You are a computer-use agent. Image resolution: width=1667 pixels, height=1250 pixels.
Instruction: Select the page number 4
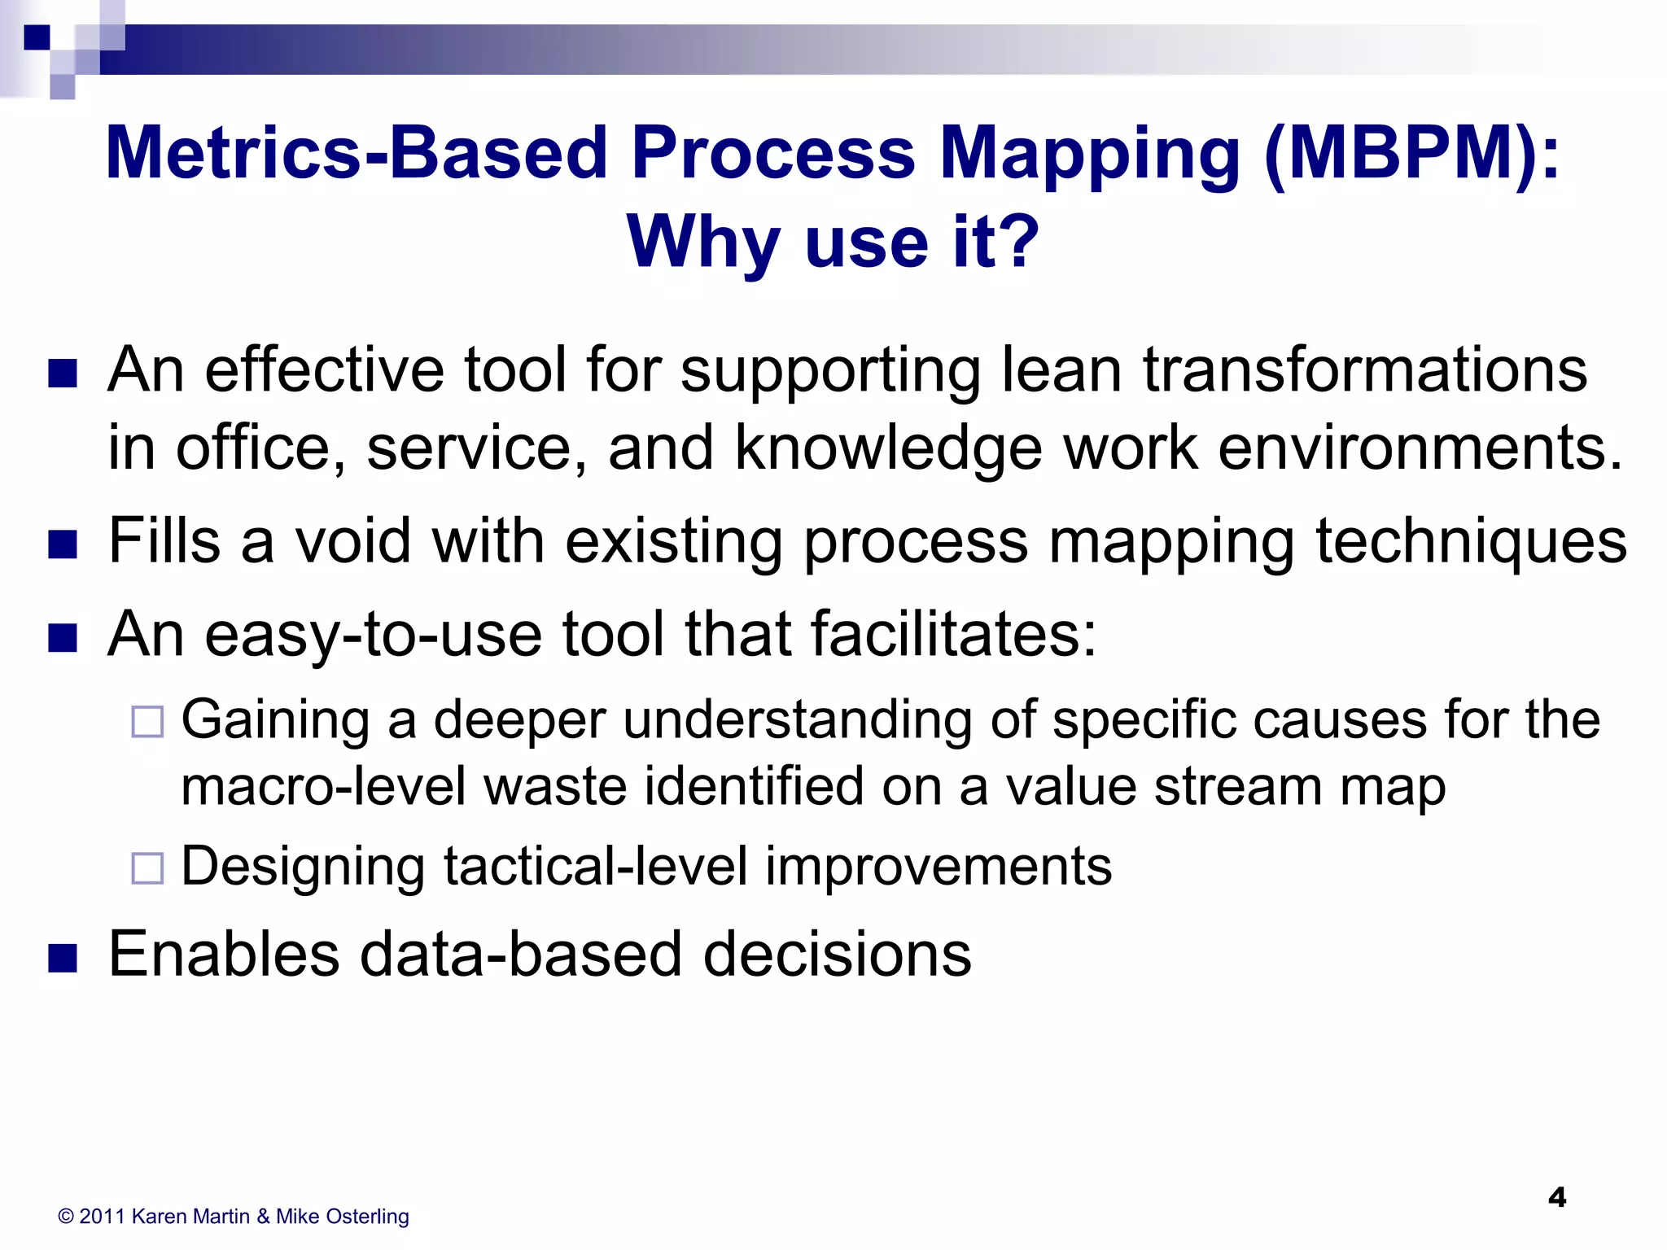coord(1556,1197)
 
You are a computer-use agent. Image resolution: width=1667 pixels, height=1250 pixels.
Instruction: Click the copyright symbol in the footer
coord(66,1217)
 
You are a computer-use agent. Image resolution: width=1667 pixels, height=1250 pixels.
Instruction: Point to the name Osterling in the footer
coord(366,1217)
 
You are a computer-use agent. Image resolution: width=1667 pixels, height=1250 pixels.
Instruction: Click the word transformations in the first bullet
coord(1365,370)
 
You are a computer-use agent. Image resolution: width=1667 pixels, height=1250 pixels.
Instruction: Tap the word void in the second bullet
coord(352,541)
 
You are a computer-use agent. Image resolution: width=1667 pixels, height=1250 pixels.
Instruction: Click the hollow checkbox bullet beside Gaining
coord(147,722)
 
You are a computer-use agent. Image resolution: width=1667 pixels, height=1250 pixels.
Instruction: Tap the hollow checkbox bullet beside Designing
coord(147,868)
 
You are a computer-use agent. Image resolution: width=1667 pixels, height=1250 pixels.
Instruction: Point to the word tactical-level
coord(595,866)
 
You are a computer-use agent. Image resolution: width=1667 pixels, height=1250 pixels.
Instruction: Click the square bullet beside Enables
coord(63,958)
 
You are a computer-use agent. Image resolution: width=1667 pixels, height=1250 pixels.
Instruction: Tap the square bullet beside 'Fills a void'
coord(63,544)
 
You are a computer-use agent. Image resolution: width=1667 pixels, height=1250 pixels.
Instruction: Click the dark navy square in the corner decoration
coord(37,37)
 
